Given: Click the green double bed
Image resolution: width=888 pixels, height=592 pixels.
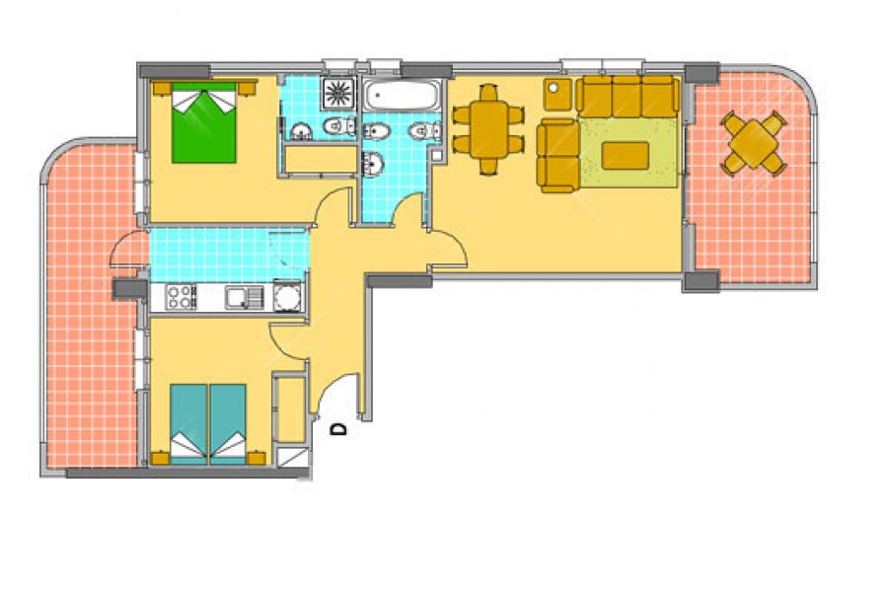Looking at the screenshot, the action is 204,123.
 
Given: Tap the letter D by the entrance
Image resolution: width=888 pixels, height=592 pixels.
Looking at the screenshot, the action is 338,429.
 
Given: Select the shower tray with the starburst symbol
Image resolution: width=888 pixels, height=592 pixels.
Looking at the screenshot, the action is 338,94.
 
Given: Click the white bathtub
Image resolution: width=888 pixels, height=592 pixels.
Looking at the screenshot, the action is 402,95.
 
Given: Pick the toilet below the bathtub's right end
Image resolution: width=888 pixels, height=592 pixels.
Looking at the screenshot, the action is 424,131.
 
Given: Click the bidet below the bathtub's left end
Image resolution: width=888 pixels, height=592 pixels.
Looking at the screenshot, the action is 376,132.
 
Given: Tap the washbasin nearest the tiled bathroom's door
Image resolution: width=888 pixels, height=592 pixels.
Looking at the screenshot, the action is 373,165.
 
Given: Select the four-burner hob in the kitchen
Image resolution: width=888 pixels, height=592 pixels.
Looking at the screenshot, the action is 181,297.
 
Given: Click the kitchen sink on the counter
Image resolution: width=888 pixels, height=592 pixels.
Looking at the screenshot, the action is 244,297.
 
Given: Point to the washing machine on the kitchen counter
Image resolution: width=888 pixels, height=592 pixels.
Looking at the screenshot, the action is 288,296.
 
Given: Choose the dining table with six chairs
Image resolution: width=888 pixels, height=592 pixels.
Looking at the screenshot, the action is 488,129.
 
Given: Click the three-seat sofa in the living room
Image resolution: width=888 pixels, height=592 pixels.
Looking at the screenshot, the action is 628,97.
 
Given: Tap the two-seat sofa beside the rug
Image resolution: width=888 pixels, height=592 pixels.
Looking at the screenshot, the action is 557,156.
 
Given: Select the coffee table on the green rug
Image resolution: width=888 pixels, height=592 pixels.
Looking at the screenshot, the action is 626,156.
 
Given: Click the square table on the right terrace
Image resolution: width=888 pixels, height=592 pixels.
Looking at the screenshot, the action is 754,144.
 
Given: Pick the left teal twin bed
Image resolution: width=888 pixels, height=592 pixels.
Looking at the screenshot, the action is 188,423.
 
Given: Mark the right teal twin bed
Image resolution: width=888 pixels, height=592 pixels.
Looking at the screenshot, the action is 228,423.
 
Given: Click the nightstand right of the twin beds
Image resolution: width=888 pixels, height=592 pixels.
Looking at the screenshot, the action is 257,458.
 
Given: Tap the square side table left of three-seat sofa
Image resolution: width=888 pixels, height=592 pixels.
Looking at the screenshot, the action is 557,95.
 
